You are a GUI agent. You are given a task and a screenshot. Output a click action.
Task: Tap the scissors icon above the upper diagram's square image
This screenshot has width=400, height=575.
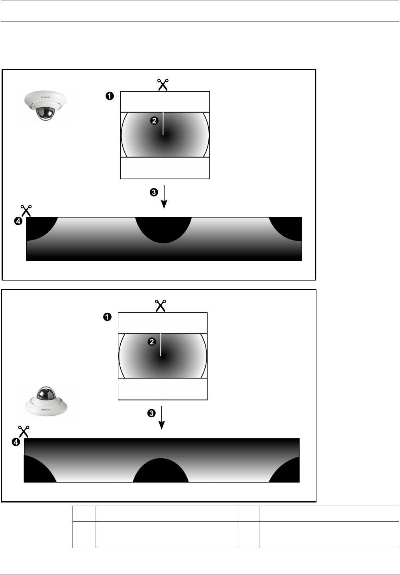[163, 85]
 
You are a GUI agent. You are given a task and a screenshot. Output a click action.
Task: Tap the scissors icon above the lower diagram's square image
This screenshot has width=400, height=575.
[160, 306]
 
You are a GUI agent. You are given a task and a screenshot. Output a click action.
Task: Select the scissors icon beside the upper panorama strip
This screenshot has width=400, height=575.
[26, 210]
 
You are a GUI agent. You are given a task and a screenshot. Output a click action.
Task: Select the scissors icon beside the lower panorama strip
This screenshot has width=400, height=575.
[24, 432]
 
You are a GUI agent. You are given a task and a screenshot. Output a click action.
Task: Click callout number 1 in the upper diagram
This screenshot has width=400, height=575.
[110, 96]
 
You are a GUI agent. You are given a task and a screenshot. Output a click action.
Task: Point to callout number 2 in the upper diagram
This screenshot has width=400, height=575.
[154, 121]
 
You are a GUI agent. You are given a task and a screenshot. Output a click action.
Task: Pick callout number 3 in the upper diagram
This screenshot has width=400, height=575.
[153, 192]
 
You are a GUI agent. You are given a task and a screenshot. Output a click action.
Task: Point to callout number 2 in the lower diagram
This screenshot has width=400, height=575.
[151, 342]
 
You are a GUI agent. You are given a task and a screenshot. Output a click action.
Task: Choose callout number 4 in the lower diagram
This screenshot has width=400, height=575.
[16, 442]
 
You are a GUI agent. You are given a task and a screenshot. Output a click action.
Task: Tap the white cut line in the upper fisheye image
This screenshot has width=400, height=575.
[163, 124]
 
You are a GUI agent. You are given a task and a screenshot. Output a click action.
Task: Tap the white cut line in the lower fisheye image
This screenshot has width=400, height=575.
[161, 344]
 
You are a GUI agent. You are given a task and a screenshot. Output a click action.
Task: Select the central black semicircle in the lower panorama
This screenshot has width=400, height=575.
[161, 471]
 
